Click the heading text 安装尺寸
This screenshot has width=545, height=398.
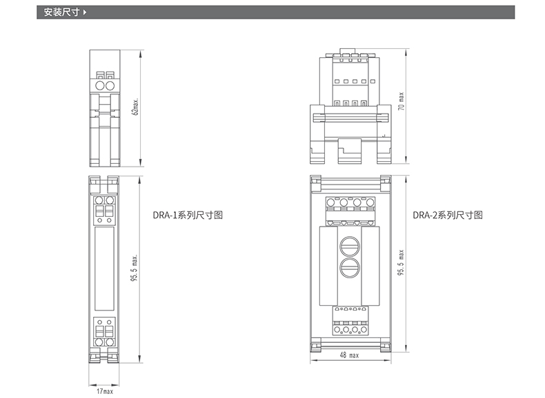click(x=61, y=12)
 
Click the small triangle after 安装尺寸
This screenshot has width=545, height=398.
click(x=84, y=12)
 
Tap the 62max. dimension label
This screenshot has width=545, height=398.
click(x=135, y=107)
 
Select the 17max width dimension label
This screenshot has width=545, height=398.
click(x=105, y=391)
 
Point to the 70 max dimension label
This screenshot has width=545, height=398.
click(x=402, y=101)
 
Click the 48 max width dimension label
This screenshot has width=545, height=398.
click(x=349, y=355)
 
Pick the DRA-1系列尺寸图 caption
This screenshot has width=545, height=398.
click(x=188, y=215)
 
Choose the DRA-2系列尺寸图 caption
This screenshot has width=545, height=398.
click(x=448, y=215)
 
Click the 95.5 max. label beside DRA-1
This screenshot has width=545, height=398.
click(x=134, y=268)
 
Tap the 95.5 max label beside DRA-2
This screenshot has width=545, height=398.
click(x=401, y=262)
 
